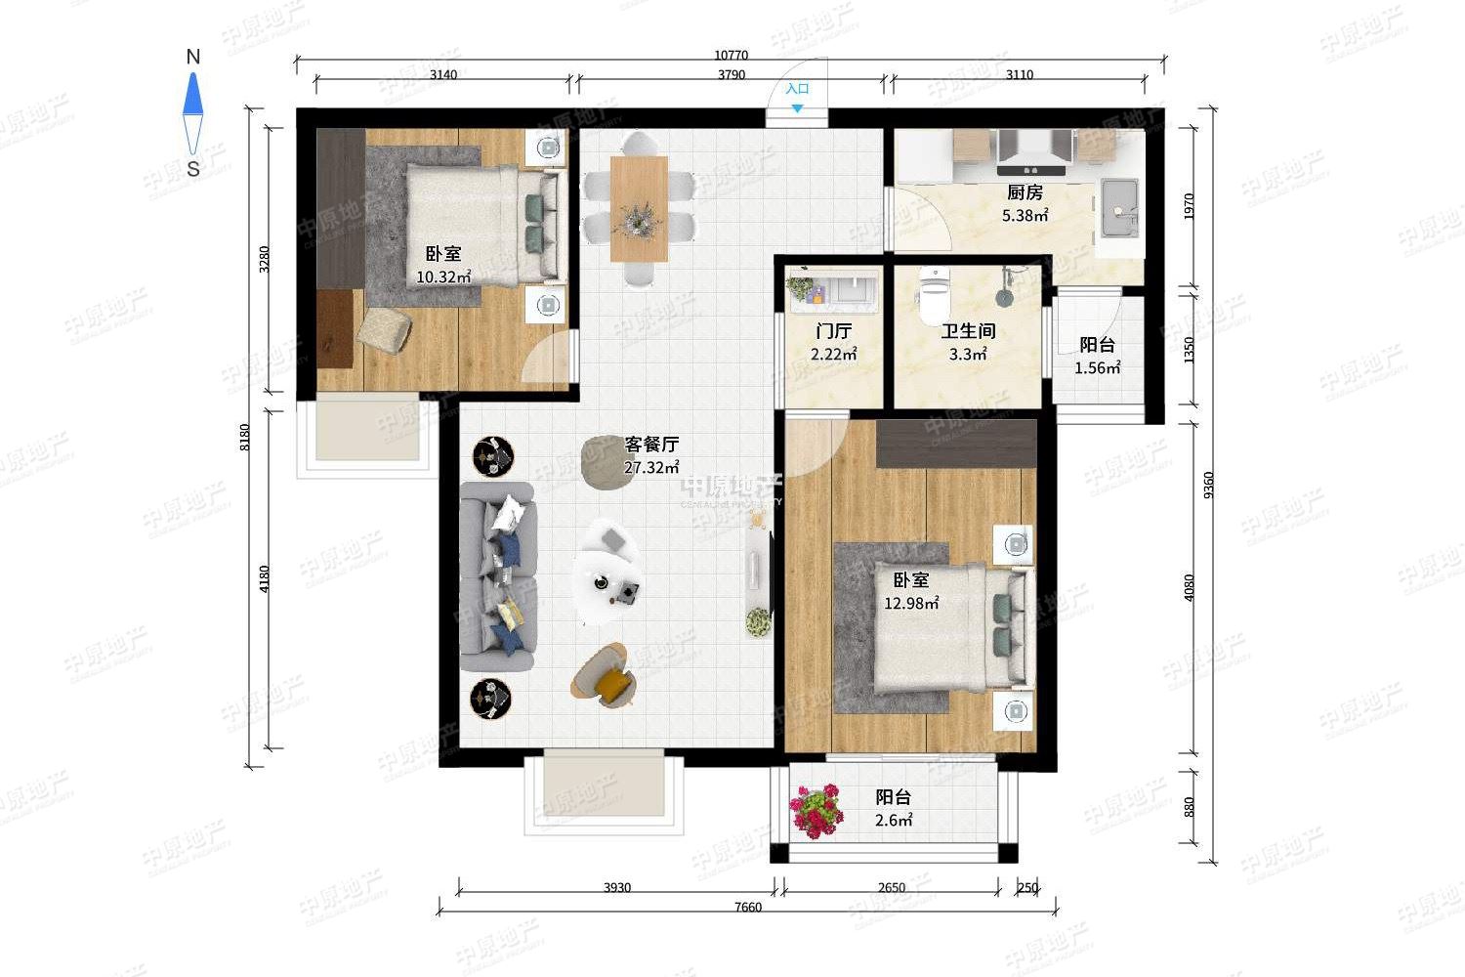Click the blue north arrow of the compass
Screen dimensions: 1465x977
[x=193, y=94]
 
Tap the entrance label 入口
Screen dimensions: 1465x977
[x=797, y=88]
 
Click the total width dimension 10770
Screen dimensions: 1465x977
[x=731, y=56]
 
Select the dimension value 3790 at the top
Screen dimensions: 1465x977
[x=732, y=74]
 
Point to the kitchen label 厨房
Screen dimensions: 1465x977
[x=1025, y=192]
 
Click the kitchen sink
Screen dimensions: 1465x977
[x=1119, y=208]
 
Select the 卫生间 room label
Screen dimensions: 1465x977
[x=968, y=331]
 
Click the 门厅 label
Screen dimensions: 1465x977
[x=833, y=331]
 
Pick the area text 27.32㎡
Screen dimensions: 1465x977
[x=651, y=467]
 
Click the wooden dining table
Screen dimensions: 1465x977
[x=639, y=208]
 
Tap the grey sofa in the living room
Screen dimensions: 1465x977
[x=497, y=576]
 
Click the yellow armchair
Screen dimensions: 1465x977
[x=605, y=675]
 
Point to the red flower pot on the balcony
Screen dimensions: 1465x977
[x=816, y=811]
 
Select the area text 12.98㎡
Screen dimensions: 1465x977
[x=911, y=603]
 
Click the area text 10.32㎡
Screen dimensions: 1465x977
[x=443, y=276]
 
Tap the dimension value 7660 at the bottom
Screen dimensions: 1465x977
[x=747, y=907]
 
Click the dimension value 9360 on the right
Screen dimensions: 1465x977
[x=1208, y=485]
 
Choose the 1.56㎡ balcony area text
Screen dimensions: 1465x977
[x=1098, y=367]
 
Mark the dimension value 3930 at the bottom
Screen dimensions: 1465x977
[x=616, y=888]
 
